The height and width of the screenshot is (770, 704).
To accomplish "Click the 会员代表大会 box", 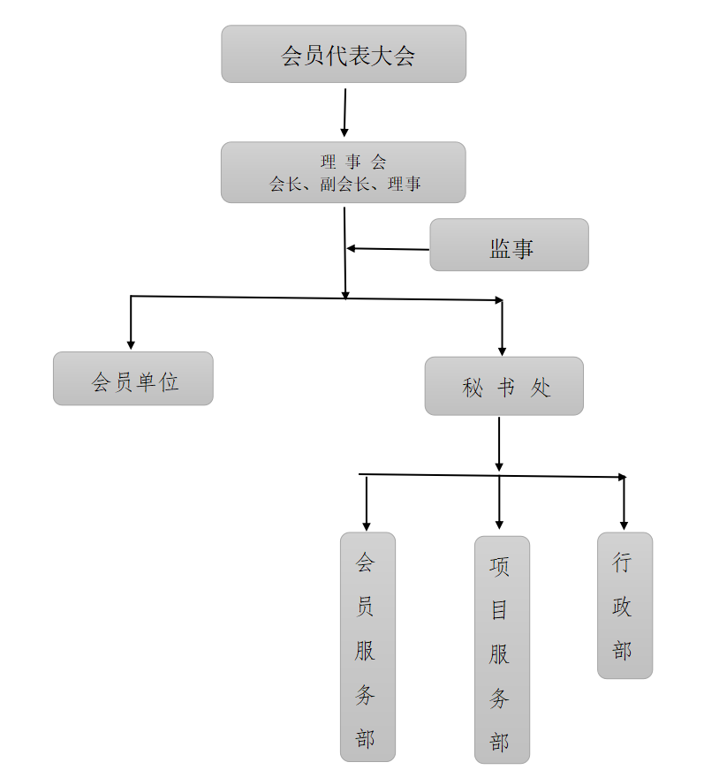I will (344, 55).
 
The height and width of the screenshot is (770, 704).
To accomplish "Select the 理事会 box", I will (344, 172).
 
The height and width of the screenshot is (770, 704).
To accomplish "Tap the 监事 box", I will (509, 245).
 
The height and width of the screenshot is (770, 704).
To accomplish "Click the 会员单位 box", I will (133, 379).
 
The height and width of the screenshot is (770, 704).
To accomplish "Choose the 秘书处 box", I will (504, 386).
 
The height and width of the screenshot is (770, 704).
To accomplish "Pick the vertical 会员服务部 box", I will (367, 646).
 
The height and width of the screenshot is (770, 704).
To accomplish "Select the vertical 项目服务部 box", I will (502, 649).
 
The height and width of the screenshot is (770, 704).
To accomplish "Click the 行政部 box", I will (625, 606).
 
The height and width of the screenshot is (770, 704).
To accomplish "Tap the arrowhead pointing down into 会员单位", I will (131, 344).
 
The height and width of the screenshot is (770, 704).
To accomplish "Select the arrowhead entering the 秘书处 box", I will (502, 351).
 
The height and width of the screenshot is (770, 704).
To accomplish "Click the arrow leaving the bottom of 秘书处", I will (499, 444).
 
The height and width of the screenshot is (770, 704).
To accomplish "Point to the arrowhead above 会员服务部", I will (367, 525).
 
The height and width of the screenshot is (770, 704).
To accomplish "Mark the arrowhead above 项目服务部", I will (499, 525).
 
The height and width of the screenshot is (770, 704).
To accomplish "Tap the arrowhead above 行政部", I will (624, 525).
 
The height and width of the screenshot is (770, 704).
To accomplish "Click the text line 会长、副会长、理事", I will (345, 185).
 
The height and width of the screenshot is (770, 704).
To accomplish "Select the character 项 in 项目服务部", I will (500, 565).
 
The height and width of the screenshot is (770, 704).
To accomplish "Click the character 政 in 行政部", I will (623, 607).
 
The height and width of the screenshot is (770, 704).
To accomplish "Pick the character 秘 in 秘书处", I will (473, 387).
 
